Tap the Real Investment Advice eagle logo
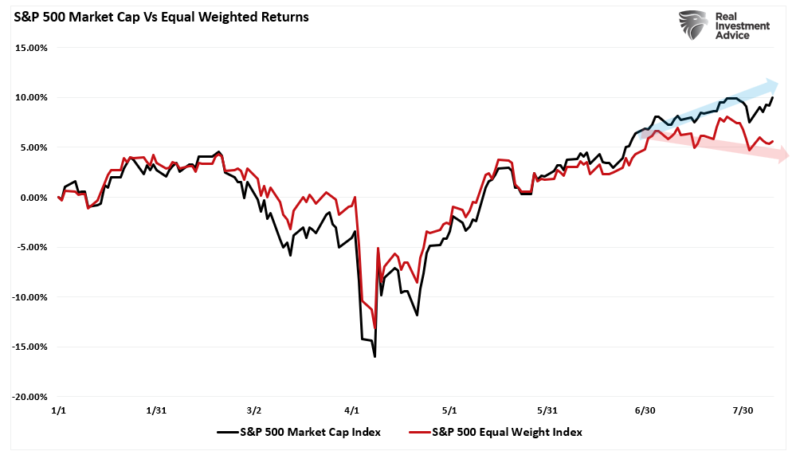click(692, 25)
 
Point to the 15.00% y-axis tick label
click(32, 48)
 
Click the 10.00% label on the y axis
click(32, 97)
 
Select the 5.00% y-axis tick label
click(34, 147)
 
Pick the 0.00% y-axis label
click(34, 197)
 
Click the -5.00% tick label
click(33, 247)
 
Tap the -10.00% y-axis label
click(30, 297)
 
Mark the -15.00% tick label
click(30, 347)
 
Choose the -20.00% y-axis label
click(30, 397)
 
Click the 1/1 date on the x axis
click(58, 410)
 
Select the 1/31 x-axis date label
click(155, 410)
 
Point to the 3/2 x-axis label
click(253, 410)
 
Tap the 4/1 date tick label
click(351, 410)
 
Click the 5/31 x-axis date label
click(547, 410)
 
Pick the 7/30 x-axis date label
click(743, 410)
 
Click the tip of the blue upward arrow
click(778, 82)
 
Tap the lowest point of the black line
click(374, 356)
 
